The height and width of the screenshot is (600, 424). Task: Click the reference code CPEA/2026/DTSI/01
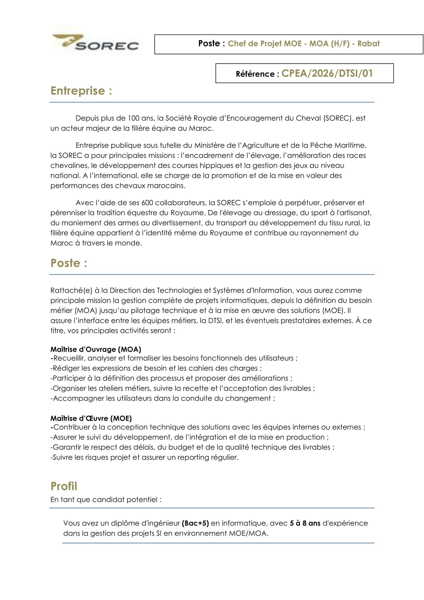tap(327, 73)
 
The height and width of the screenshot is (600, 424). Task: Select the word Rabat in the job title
tap(368, 43)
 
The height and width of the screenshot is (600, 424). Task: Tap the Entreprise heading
tap(81, 91)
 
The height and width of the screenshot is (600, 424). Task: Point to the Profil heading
tap(64, 486)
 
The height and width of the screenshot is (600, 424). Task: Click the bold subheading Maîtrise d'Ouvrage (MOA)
tap(96, 349)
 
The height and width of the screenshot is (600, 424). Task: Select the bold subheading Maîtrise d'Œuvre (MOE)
tap(91, 418)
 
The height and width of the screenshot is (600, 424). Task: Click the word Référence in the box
tap(255, 74)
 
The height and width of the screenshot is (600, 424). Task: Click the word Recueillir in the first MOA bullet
tap(69, 358)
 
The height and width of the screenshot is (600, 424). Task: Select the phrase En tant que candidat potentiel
tap(105, 500)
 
